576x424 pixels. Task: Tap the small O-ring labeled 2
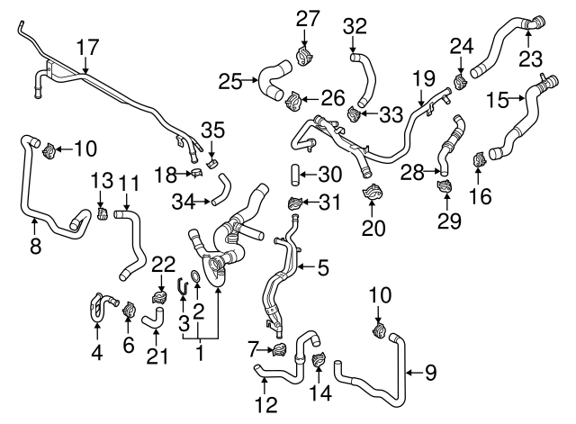point(198,286)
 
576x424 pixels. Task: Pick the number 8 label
point(35,245)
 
